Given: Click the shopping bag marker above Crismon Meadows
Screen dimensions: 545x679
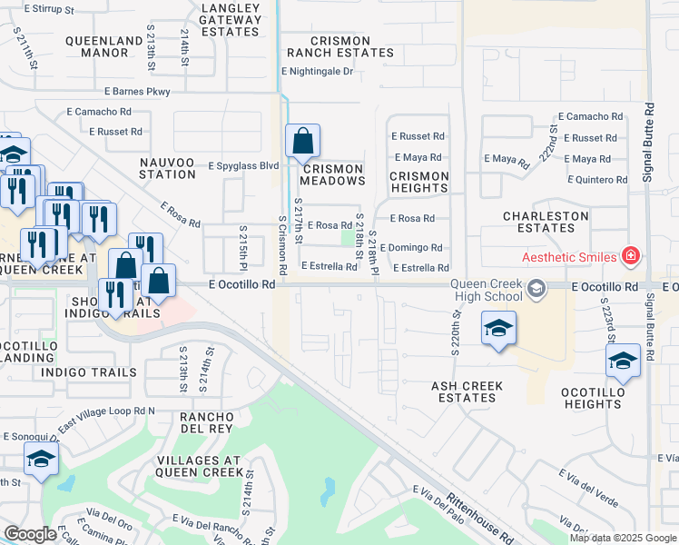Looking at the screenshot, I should tap(303, 143).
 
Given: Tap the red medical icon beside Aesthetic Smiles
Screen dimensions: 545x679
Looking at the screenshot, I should tap(631, 257).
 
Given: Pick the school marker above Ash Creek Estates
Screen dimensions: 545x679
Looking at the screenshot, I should tap(498, 330).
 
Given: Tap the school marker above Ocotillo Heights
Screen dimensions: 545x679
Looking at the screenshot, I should tap(624, 362).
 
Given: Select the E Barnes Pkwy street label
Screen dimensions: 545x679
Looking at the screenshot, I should tap(137, 91).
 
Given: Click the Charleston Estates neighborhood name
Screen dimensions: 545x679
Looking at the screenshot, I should tap(546, 222).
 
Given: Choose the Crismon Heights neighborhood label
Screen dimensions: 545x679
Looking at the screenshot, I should tap(419, 182).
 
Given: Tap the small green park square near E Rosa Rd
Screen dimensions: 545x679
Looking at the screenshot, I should tap(347, 238).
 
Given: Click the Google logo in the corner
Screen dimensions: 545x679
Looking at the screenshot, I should tap(30, 534).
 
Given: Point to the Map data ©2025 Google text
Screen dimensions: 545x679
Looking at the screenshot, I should tap(623, 538).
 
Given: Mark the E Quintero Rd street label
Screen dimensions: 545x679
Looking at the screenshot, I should tap(597, 180).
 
